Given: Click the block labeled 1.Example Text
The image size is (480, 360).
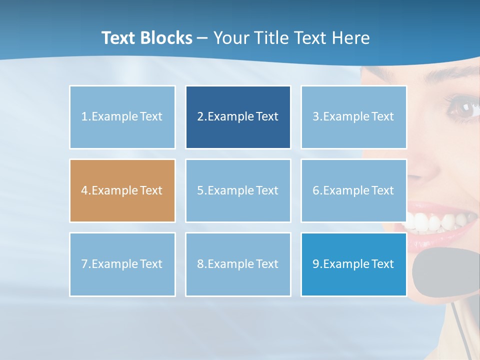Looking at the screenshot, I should coord(122,117).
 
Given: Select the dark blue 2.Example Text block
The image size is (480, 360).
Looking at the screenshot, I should coord(238,117).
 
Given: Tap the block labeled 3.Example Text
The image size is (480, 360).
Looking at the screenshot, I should coord(353,117).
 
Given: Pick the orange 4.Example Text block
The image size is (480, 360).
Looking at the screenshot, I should coord(122,190).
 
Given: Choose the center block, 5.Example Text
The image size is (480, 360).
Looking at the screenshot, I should coord(238,190).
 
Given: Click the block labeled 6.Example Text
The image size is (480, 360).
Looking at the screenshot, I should coord(353,190).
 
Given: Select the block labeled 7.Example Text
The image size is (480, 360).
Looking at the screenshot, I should coord(122,264).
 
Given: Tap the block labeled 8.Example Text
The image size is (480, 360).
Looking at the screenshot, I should coord(238,264).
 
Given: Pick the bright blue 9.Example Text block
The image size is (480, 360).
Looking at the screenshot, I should coord(353,264).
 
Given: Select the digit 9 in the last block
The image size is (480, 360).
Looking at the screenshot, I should coord(316,264).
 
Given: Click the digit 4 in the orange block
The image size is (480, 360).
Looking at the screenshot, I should coord(84,190).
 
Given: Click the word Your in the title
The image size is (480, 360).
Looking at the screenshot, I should coord(231,38).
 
